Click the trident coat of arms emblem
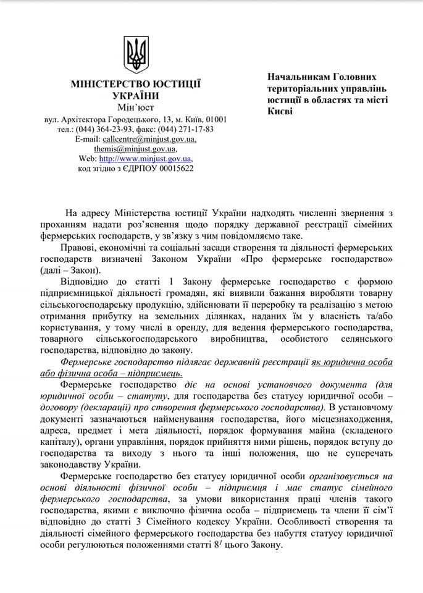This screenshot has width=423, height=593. pyautogui.click(x=136, y=54)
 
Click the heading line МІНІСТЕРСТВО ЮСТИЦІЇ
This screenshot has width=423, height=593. pyautogui.click(x=136, y=84)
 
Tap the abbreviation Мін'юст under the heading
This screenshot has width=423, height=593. pyautogui.click(x=136, y=107)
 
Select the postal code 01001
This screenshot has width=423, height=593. pyautogui.click(x=216, y=119)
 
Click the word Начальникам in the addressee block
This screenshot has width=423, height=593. pyautogui.click(x=299, y=78)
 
